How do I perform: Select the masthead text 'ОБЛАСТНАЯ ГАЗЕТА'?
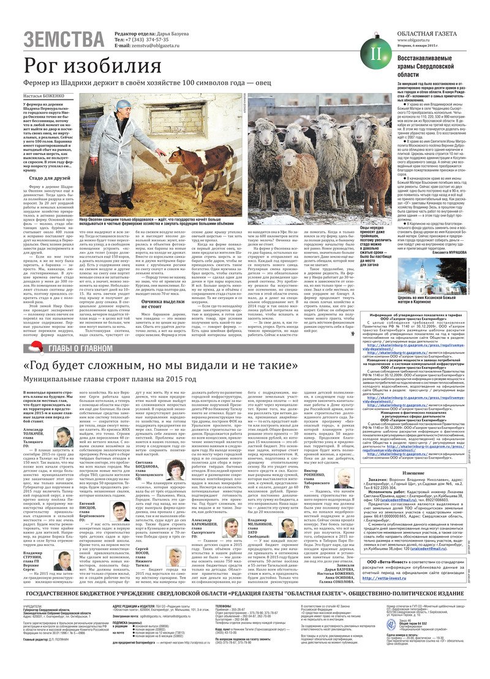[426, 32]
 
